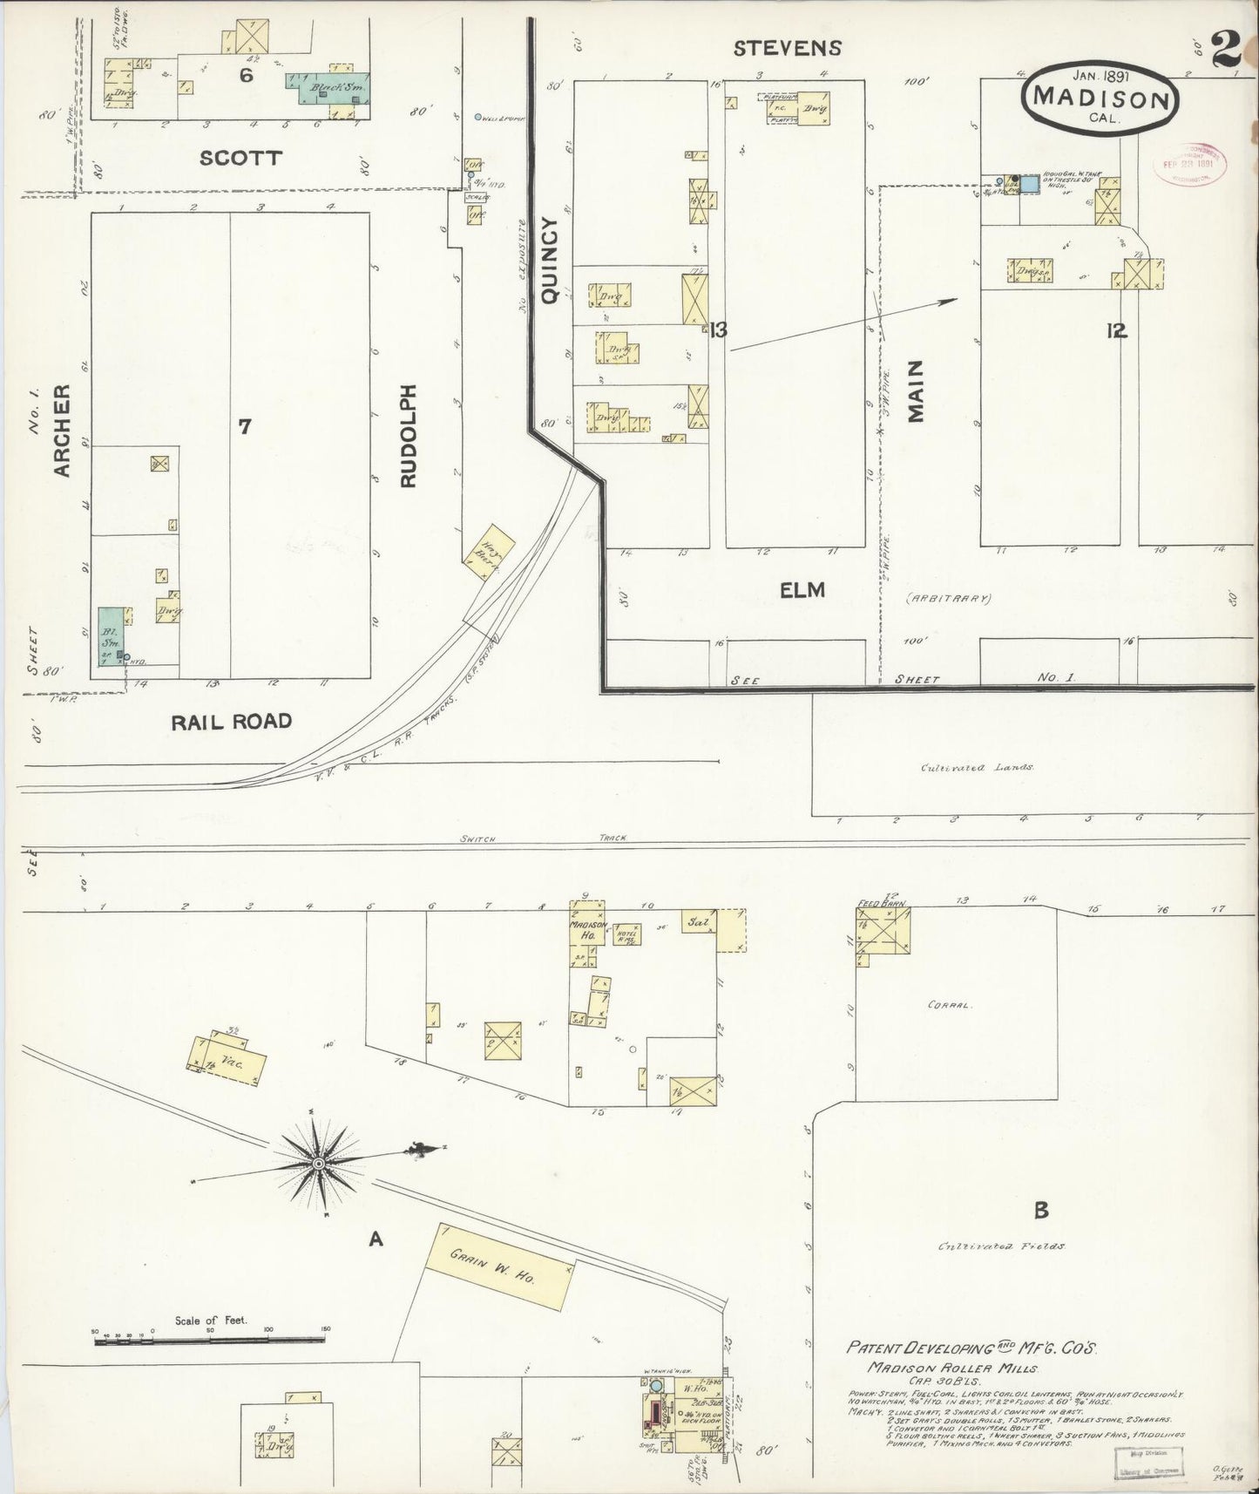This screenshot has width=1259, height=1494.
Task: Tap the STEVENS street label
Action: click(x=788, y=48)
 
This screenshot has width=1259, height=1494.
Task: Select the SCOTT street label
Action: click(x=240, y=158)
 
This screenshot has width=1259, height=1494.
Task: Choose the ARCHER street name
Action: click(x=61, y=431)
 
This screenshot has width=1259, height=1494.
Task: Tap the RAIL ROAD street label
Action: click(x=231, y=722)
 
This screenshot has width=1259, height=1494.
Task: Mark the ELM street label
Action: click(x=802, y=591)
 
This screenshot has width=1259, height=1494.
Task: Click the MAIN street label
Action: click(x=915, y=393)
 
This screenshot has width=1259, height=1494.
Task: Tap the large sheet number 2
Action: click(x=1225, y=52)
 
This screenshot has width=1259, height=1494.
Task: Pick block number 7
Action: click(x=245, y=426)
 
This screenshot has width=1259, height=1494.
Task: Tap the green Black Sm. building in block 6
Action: click(x=330, y=88)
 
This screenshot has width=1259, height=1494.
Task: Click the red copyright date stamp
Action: click(x=1188, y=160)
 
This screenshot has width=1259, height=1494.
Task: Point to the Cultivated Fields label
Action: click(x=1001, y=1247)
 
